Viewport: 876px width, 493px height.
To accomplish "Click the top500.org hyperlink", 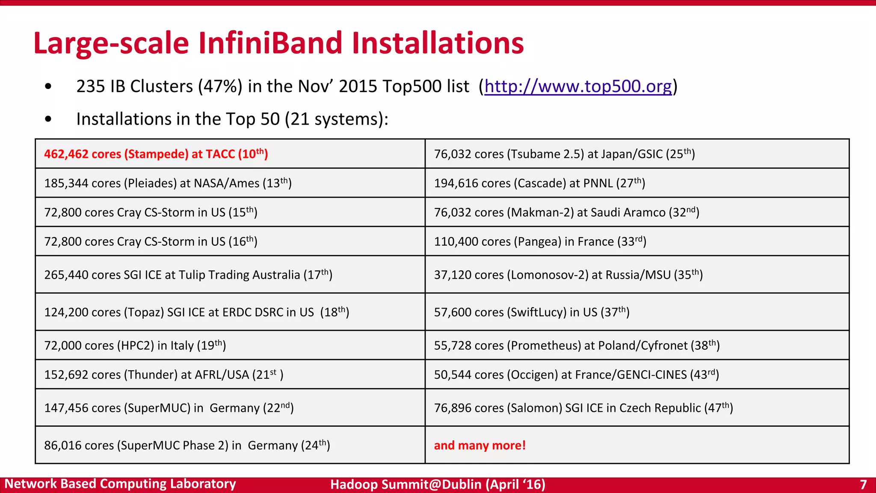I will point(577,86).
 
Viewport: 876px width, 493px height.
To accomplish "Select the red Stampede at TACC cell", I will point(156,154).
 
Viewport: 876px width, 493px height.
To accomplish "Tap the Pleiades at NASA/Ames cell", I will point(168,183).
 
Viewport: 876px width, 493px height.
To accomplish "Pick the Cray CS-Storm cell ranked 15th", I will point(151,212).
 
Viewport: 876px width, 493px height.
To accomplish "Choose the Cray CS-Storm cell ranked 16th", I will point(151,241).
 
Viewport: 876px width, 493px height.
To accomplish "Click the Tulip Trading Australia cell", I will point(188,275).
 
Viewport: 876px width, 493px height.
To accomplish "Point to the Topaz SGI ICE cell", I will point(197,312).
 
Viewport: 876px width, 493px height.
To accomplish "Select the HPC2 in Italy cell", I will point(135,345).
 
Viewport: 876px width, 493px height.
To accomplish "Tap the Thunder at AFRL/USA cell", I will point(163,374).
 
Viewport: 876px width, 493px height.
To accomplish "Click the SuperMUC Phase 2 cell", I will point(187,445).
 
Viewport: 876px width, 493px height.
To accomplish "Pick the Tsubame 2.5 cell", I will point(564,154).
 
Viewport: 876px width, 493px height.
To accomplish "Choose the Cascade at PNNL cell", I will point(539,183).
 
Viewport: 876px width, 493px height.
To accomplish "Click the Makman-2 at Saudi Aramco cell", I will point(566,212).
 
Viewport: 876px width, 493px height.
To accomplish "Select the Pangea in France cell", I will point(540,241).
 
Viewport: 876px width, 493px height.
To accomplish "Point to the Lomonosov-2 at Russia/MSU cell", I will point(568,275).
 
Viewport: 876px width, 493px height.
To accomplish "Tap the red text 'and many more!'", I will point(479,445).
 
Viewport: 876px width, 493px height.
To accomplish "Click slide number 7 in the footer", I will point(863,484).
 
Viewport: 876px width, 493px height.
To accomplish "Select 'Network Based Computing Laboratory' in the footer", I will point(120,484).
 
